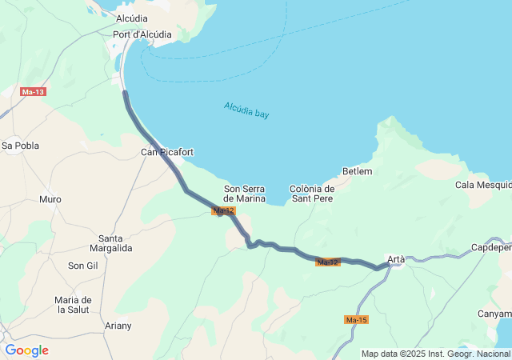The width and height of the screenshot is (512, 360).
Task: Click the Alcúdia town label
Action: coord(131,18)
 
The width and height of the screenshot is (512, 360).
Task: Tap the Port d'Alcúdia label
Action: coord(142,34)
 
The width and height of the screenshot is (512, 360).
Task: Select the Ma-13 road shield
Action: coord(33,92)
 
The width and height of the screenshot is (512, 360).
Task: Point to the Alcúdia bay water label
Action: coord(246,110)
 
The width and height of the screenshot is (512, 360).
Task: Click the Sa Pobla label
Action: coord(20,146)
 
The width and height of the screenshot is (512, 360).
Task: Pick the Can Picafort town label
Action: coord(167,152)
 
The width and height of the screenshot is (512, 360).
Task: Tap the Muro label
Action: coord(50,199)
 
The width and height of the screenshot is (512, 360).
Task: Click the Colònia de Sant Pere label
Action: coord(311,194)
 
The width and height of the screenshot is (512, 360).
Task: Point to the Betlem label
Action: coord(357,171)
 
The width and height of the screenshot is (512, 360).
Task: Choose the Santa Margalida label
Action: coord(115,243)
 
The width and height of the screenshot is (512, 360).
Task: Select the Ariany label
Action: coord(118,326)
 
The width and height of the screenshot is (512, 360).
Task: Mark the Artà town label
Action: coord(396,259)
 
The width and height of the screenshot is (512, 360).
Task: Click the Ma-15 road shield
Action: coord(356,320)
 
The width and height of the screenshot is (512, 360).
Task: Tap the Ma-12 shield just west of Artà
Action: coord(328,262)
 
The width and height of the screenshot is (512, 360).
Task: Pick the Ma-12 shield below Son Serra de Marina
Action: coord(223,210)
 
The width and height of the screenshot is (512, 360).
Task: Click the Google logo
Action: coord(26,350)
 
